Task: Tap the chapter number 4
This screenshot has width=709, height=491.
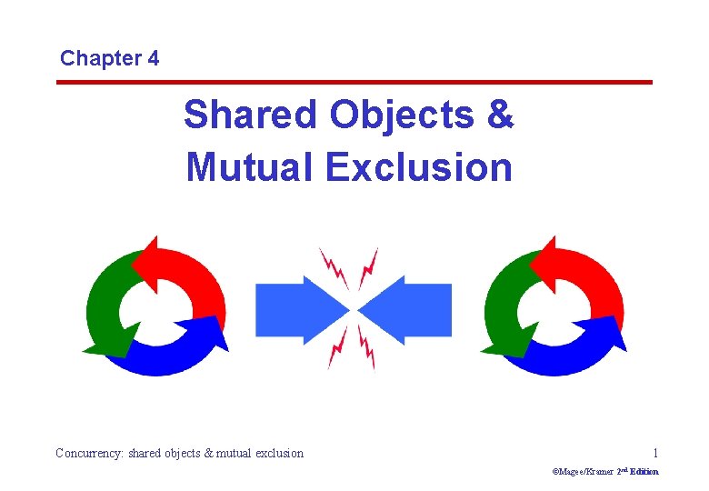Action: [151, 59]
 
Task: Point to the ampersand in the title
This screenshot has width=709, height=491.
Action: [501, 115]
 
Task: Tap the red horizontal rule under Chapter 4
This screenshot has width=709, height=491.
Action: [354, 83]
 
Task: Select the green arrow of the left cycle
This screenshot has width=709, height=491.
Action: [105, 305]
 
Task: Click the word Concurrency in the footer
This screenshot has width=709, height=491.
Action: [90, 453]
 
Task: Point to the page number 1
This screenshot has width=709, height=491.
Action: [655, 452]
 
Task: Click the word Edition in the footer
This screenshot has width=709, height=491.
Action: [644, 472]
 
